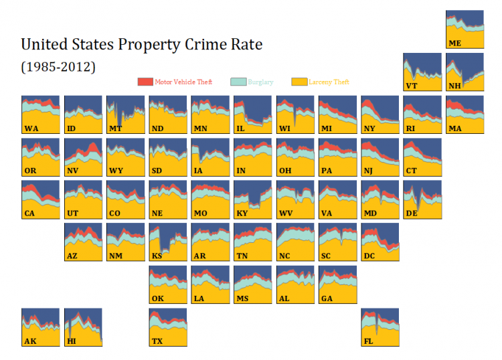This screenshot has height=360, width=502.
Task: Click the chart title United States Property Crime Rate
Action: pyautogui.click(x=142, y=45)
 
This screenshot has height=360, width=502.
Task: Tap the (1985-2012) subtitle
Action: pyautogui.click(x=58, y=67)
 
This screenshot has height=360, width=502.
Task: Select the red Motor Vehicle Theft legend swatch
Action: pyautogui.click(x=145, y=82)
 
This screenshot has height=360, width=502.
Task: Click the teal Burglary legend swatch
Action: pyautogui.click(x=238, y=82)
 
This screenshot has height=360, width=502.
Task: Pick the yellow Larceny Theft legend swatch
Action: pyautogui.click(x=299, y=82)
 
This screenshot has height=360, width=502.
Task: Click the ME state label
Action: pyautogui.click(x=455, y=43)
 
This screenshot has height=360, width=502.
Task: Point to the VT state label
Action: pyautogui.click(x=412, y=86)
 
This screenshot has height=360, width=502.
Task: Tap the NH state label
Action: pyautogui.click(x=455, y=86)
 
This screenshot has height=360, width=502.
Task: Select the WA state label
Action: pyautogui.click(x=31, y=128)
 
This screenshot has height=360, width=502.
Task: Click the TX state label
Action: pyautogui.click(x=158, y=341)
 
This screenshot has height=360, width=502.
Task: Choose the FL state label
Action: pyautogui.click(x=369, y=341)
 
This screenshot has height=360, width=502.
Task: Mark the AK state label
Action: pyautogui.click(x=30, y=341)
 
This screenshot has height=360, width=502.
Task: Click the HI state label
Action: pyautogui.click(x=72, y=341)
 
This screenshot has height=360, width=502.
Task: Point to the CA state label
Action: pyautogui.click(x=30, y=213)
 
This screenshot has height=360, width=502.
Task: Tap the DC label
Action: pyautogui.click(x=369, y=256)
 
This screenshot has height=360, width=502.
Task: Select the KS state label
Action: pyautogui.click(x=157, y=256)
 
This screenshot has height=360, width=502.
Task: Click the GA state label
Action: pyautogui.click(x=327, y=298)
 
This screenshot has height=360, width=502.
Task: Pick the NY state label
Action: pyautogui.click(x=369, y=128)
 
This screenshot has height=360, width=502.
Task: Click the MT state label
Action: pyautogui.click(x=116, y=128)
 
